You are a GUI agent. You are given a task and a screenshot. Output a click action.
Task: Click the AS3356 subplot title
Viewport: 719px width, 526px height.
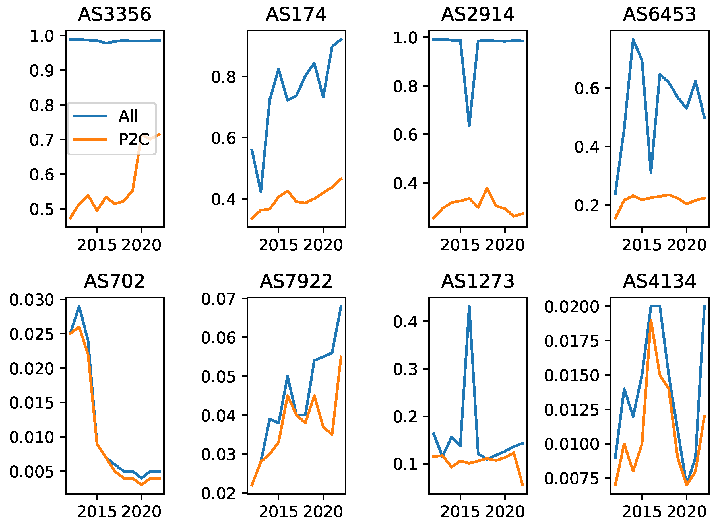pyautogui.click(x=115, y=15)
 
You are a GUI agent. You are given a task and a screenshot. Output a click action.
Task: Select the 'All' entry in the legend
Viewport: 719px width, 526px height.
pyautogui.click(x=128, y=116)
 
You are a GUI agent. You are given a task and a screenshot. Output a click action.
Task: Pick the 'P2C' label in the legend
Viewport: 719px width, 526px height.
pyautogui.click(x=134, y=139)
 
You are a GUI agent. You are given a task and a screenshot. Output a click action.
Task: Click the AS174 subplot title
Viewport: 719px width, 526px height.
pyautogui.click(x=296, y=15)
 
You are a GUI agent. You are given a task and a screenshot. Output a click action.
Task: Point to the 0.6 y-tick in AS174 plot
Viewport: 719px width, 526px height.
pyautogui.click(x=224, y=138)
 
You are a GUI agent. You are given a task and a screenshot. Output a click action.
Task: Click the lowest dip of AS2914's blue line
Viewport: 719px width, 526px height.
pyautogui.click(x=469, y=126)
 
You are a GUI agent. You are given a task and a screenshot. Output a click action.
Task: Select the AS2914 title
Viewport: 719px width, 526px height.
pyautogui.click(x=478, y=15)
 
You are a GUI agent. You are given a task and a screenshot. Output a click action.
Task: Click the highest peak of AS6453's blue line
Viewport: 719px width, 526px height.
pyautogui.click(x=633, y=40)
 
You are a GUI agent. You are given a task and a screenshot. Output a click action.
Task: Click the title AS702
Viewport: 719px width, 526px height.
pyautogui.click(x=115, y=282)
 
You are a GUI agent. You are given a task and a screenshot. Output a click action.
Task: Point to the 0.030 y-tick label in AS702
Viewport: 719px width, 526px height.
pyautogui.click(x=32, y=300)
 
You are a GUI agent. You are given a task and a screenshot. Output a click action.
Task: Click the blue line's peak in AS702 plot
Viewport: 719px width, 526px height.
pyautogui.click(x=79, y=306)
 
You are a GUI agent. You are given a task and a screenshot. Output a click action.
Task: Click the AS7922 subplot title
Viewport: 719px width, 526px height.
pyautogui.click(x=296, y=282)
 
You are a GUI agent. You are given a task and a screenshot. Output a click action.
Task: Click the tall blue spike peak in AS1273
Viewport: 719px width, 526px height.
pyautogui.click(x=469, y=306)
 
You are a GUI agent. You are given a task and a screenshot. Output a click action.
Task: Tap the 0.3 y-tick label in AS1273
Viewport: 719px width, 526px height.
pyautogui.click(x=405, y=369)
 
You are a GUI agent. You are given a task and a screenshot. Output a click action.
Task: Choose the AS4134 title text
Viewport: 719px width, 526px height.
pyautogui.click(x=659, y=282)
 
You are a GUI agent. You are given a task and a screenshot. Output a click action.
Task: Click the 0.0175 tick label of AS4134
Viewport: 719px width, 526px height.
pyautogui.click(x=572, y=341)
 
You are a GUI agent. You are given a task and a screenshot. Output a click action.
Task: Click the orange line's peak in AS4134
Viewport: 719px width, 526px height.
pyautogui.click(x=651, y=320)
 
